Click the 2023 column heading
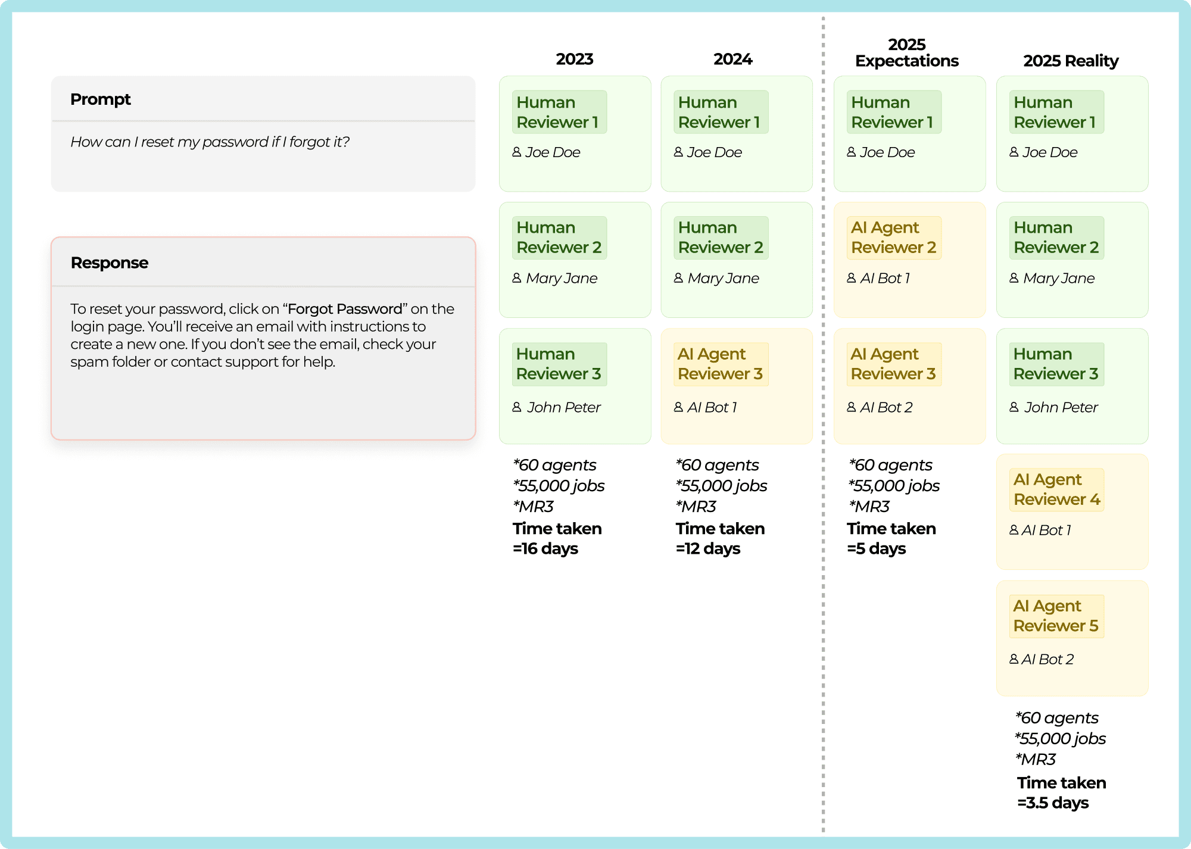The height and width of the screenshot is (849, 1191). (x=575, y=59)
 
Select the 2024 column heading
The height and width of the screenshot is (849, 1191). (x=733, y=59)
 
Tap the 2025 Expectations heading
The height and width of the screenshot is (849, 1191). (x=907, y=52)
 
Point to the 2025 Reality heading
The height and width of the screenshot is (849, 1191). (x=1071, y=61)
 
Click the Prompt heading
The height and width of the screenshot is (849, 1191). (x=101, y=99)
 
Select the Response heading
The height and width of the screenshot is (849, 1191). (x=110, y=263)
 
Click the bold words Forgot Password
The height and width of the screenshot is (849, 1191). (x=345, y=309)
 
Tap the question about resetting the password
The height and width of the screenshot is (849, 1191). (x=210, y=142)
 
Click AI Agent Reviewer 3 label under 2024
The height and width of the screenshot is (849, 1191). (x=721, y=364)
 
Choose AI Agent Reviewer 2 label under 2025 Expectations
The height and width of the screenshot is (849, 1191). (x=894, y=238)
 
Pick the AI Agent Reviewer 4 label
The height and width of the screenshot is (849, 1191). (x=1057, y=489)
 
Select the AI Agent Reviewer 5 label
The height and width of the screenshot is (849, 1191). (x=1056, y=616)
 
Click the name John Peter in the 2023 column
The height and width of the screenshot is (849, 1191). (x=564, y=407)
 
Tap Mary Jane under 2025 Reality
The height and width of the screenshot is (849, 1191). (x=1059, y=278)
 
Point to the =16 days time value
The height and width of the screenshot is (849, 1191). (x=545, y=548)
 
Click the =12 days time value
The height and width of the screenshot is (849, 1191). (x=708, y=548)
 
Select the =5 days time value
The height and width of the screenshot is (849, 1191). (x=877, y=548)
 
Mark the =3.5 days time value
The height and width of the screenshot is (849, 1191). (x=1053, y=803)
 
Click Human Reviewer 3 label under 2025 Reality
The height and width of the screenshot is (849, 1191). (x=1056, y=364)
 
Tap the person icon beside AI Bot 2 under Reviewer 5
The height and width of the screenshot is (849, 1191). (x=1014, y=659)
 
